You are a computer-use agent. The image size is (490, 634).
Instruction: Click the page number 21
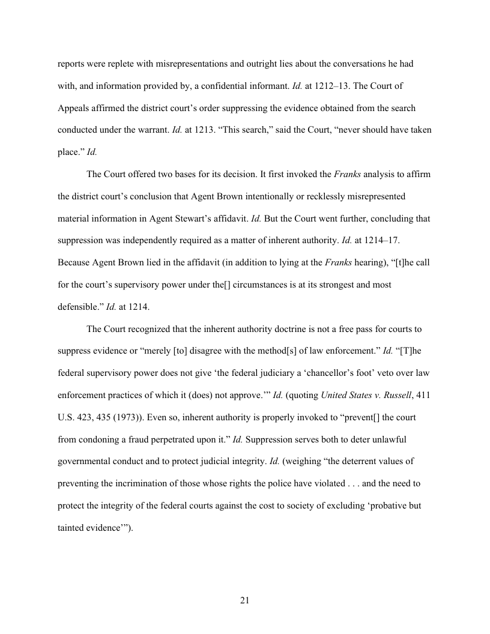(x=244, y=601)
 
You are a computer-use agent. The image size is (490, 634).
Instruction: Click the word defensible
(x=80, y=307)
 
